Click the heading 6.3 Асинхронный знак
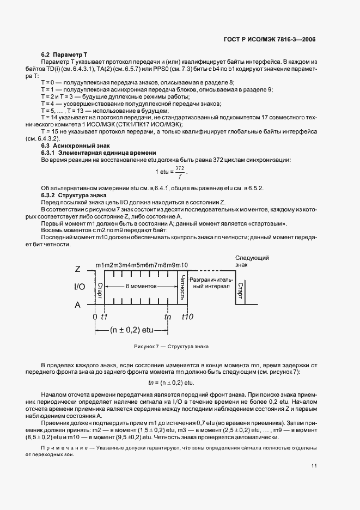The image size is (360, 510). [x=72, y=145]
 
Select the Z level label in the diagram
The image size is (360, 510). [x=77, y=269]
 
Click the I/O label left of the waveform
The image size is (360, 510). [x=79, y=286]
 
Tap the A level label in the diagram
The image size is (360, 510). [x=77, y=305]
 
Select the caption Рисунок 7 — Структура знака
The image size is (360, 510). [x=171, y=347]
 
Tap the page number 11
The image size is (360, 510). [x=314, y=466]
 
